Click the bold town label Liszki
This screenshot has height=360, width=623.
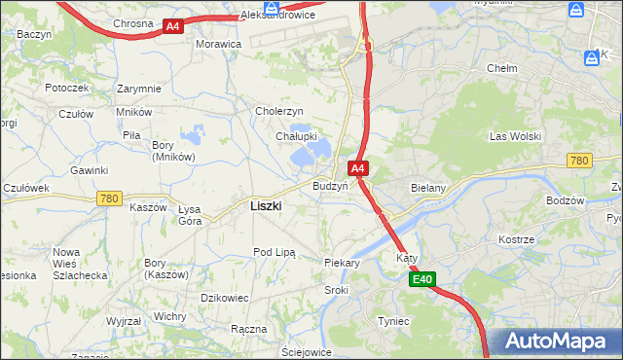pos(266,206)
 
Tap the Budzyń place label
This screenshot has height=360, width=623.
pos(331,185)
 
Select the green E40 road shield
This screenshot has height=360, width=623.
pos(421,280)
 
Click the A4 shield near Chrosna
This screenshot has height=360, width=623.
pos(172,27)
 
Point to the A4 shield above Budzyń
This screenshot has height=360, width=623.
pos(358,168)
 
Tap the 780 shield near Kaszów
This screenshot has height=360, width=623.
pos(109,198)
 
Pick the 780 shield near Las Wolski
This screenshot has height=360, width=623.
pos(579,161)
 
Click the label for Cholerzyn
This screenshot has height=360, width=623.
pos(279,111)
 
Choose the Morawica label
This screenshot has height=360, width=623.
pos(218,45)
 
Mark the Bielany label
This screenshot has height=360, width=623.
pos(428,187)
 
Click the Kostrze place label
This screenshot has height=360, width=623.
pos(516,238)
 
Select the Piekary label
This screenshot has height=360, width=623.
pos(342,263)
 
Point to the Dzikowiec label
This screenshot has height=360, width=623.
pos(225,297)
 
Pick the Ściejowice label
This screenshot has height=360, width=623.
pos(306,352)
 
